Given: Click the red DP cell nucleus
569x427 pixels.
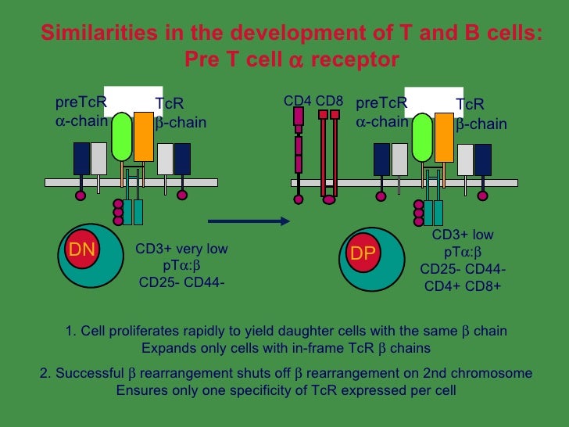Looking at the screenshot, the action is [x=362, y=253].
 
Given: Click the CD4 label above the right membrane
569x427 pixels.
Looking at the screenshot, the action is [x=297, y=101].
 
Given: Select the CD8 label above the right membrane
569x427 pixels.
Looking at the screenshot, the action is [x=329, y=101].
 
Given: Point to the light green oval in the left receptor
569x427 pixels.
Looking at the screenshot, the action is [x=122, y=136].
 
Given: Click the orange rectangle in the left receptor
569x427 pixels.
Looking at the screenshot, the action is [x=144, y=137].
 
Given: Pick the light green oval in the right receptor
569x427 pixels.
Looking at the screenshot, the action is [x=422, y=137].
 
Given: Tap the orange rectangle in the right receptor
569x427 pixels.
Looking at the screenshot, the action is [x=444, y=137].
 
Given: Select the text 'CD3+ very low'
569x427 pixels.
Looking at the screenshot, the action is [x=181, y=249].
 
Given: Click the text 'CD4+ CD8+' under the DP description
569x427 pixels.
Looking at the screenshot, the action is [x=463, y=285].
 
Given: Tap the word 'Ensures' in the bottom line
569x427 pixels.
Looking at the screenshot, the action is [x=139, y=389].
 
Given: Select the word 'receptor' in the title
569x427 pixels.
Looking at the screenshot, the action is [x=355, y=59].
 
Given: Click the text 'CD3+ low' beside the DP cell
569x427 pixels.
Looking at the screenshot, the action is [x=463, y=235].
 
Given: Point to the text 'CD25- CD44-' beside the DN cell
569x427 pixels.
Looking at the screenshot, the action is [x=181, y=282].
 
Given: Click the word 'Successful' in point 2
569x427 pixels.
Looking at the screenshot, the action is [x=87, y=373].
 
